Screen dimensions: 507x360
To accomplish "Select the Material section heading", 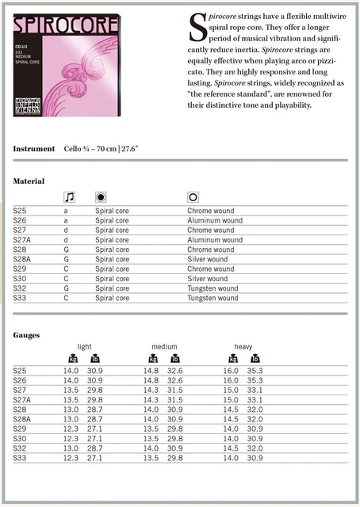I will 29,181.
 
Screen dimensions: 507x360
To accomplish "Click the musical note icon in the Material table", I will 69,196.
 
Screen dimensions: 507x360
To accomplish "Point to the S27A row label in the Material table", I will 23,239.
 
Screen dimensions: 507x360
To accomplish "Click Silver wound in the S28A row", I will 208,259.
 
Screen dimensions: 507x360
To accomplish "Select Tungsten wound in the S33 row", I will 213,299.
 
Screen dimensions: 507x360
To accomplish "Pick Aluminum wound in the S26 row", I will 215,220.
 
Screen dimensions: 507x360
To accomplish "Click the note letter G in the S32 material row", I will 67,288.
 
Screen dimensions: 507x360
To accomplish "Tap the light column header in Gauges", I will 84,347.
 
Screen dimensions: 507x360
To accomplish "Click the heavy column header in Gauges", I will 243,347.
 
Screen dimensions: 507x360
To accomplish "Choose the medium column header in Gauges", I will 164,347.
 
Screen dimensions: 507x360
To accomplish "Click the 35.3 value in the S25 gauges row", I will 255,371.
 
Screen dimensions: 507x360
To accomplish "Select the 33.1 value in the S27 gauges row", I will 255,390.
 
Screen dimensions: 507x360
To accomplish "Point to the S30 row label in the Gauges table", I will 21,438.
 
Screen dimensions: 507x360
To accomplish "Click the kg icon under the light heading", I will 73,359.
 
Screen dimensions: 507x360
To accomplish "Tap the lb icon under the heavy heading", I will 255,359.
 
